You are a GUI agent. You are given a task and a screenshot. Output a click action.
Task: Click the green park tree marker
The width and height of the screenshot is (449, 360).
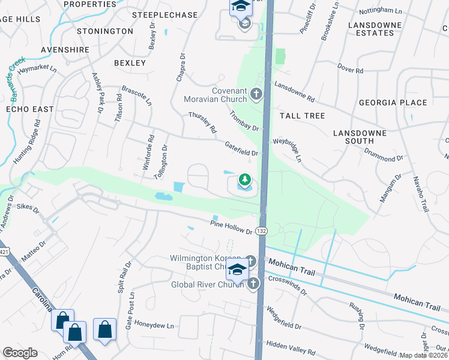point(244,179)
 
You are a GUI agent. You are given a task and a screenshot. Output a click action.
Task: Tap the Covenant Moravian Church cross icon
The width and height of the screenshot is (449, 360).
point(256,93)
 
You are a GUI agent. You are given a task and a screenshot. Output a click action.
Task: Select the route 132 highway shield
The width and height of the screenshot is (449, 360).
point(261,230)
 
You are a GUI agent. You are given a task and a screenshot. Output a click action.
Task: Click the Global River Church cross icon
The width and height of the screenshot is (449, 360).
point(253,283)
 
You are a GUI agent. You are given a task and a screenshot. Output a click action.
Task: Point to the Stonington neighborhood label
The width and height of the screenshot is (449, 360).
point(105,31)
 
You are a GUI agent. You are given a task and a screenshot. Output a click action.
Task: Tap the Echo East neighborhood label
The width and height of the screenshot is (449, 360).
point(29,109)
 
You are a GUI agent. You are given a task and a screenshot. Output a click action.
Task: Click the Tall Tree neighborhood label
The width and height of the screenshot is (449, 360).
point(302,115)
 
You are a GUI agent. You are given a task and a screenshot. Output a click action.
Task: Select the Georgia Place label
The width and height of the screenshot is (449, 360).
point(393,103)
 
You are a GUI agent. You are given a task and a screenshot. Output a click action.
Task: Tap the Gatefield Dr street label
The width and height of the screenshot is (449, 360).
point(241,148)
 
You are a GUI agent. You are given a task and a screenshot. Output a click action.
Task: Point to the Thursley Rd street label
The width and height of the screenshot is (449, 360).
point(202,122)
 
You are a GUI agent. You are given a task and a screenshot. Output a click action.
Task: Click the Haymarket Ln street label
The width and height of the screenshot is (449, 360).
point(37,70)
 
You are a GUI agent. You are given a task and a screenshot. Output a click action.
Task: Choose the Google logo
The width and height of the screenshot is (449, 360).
point(20,353)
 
